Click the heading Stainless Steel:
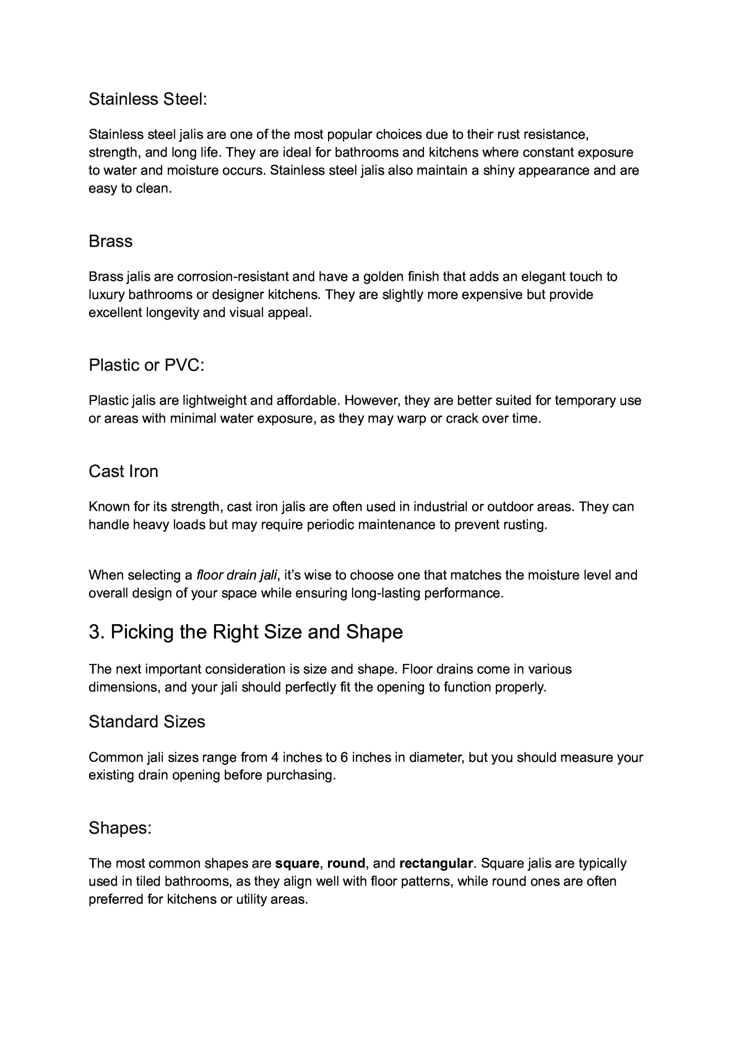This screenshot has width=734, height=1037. [148, 99]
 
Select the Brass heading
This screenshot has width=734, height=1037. [111, 241]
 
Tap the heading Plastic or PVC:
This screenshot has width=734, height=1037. [146, 365]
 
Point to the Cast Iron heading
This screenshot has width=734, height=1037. [123, 471]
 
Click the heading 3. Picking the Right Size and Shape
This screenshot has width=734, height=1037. [245, 632]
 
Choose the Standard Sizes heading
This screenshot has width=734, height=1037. [147, 722]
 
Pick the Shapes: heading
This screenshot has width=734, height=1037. [120, 828]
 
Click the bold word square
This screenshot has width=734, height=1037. [297, 864]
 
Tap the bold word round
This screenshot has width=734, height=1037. [346, 864]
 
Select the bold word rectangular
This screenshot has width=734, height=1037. [436, 864]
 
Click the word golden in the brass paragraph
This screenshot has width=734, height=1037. [384, 277]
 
